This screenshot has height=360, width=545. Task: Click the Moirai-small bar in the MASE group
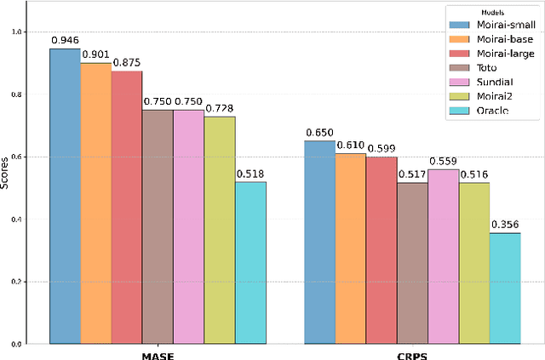pyautogui.click(x=65, y=197)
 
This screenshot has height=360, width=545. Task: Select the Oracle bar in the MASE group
pyautogui.click(x=250, y=263)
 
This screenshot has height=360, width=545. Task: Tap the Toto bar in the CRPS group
pyautogui.click(x=412, y=263)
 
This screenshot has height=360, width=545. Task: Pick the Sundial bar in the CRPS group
pyautogui.click(x=443, y=256)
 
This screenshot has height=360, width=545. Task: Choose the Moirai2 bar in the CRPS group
pyautogui.click(x=474, y=263)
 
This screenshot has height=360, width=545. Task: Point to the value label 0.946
pyautogui.click(x=65, y=40)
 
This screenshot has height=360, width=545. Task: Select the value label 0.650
pyautogui.click(x=319, y=133)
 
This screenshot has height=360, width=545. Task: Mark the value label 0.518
pyautogui.click(x=250, y=174)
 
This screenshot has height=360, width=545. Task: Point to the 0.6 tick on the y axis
pyautogui.click(x=20, y=157)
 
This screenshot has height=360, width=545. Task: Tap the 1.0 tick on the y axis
pyautogui.click(x=20, y=32)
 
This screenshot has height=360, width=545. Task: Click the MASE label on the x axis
pyautogui.click(x=158, y=353)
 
